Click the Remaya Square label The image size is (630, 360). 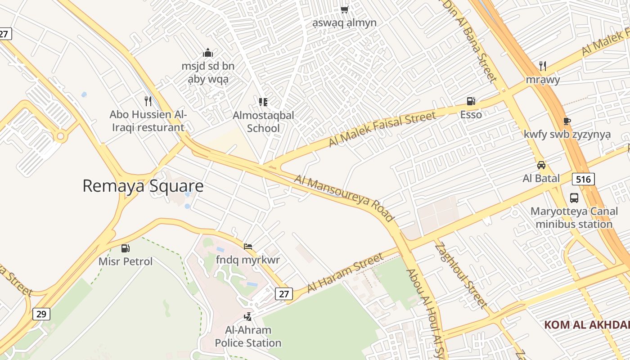143,186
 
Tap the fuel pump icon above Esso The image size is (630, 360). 471,101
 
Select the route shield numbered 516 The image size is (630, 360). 583,179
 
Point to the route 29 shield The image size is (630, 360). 41,314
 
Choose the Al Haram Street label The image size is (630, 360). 346,273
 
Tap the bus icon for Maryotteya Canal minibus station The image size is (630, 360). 574,198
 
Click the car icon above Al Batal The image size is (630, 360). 541,165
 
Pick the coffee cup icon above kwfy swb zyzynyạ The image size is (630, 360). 567,121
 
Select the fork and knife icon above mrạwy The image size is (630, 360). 543,66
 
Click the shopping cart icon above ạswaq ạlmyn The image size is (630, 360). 345,9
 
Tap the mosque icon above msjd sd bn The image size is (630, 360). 207,53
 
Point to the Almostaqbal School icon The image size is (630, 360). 263,102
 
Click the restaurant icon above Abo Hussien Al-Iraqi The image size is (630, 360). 148,101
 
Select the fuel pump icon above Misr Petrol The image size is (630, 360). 126,248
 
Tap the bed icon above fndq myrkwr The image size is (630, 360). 248,247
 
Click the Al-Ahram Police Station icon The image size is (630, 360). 247,317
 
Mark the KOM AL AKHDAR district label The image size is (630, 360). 587,325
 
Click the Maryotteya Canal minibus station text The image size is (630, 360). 574,217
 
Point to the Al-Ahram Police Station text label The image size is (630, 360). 248,337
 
